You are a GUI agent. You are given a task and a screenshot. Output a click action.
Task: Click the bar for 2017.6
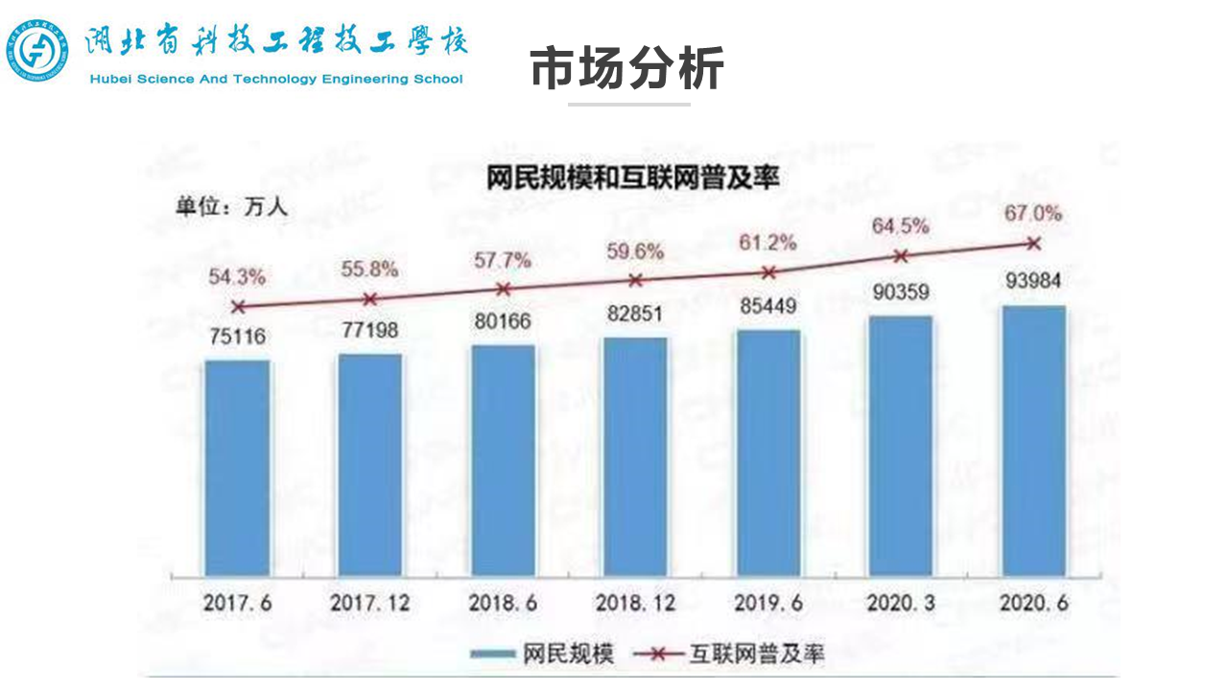(238, 467)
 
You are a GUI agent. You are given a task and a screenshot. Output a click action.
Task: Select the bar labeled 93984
(1033, 441)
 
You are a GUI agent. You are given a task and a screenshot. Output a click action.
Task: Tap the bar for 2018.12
(635, 456)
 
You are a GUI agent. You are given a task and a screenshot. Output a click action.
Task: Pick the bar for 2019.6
(767, 452)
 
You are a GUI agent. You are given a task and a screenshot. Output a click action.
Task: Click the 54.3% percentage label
(238, 276)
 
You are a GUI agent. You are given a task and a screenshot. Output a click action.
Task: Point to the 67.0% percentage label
(1033, 213)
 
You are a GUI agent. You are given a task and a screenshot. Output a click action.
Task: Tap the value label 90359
(900, 292)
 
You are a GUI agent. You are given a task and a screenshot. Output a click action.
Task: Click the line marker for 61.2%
(767, 273)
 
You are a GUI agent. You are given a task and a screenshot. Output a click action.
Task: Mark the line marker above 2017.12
(370, 298)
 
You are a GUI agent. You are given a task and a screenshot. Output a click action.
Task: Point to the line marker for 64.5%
(900, 256)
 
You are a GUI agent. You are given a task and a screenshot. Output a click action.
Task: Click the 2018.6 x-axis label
(502, 604)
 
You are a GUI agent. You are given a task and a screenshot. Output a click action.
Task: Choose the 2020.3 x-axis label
(900, 604)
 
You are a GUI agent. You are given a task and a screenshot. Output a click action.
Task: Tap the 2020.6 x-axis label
(1033, 604)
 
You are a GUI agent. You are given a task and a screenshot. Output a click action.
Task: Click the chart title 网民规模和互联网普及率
(632, 178)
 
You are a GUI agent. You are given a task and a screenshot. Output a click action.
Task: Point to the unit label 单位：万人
(230, 204)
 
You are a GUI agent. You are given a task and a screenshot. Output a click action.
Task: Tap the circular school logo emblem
(37, 51)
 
